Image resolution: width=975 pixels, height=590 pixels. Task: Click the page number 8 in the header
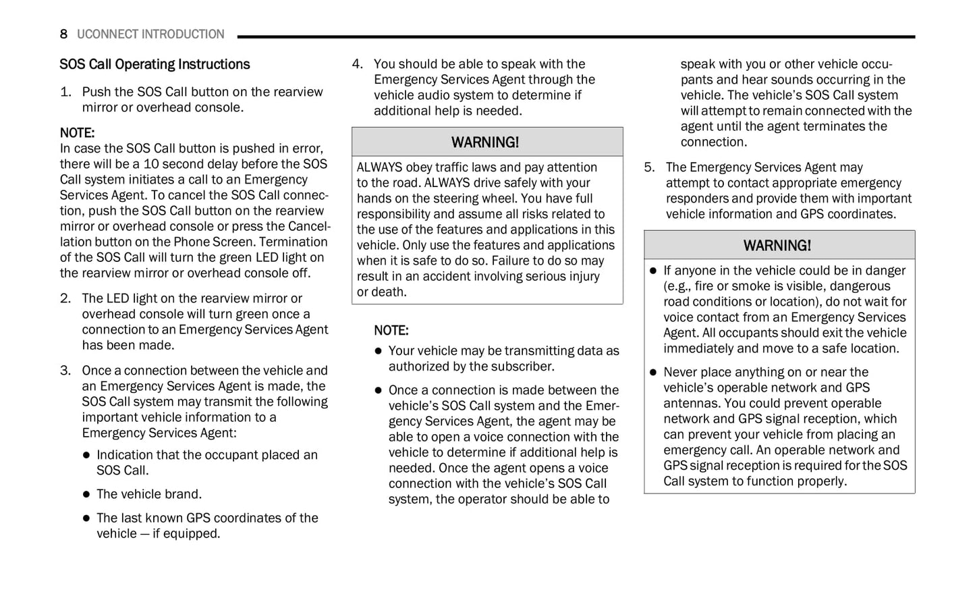[63, 34]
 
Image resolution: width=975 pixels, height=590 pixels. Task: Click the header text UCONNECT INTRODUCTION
[150, 34]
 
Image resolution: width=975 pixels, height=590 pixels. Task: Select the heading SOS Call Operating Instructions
[155, 65]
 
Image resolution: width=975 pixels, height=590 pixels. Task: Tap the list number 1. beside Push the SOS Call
[65, 92]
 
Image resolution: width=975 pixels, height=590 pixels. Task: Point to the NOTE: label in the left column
[77, 133]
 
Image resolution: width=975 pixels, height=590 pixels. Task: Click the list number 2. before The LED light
[65, 298]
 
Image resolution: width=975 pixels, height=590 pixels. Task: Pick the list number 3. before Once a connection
[65, 371]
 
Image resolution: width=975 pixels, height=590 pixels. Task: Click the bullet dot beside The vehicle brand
[86, 495]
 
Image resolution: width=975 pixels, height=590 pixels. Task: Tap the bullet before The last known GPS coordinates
[86, 518]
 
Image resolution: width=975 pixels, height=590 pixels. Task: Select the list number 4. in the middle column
[358, 64]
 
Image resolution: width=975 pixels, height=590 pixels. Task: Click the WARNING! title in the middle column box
[485, 142]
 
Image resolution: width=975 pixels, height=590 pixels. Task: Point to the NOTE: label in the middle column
[391, 331]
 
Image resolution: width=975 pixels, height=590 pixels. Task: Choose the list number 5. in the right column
[649, 167]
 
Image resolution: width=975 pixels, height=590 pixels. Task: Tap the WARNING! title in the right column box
[777, 246]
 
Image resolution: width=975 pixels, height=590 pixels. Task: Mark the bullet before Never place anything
[653, 373]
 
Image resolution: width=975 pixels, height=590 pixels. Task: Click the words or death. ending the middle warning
[382, 292]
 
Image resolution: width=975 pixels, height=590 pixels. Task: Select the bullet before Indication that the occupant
[86, 456]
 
